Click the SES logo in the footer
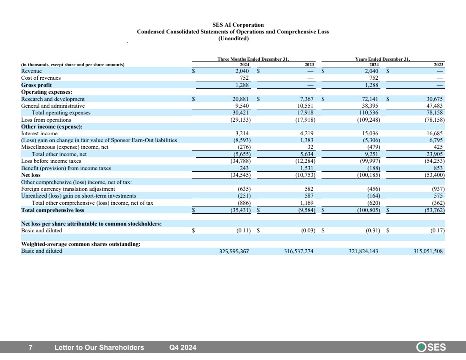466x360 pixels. click(x=431, y=347)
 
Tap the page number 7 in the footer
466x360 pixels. click(x=31, y=348)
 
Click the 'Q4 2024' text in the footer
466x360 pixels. click(x=183, y=348)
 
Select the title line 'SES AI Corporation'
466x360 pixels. click(x=238, y=25)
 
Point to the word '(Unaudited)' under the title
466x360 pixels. click(x=233, y=39)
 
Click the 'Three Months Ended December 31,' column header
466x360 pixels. click(x=253, y=59)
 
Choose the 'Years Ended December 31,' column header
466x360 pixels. click(x=383, y=59)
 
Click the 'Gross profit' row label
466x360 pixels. click(x=36, y=85)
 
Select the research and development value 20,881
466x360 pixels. click(x=241, y=99)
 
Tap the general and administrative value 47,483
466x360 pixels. click(x=435, y=106)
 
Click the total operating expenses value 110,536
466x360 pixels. click(x=369, y=113)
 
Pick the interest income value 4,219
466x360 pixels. click(x=307, y=134)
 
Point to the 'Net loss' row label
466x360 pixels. click(x=31, y=175)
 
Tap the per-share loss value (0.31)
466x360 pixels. click(x=373, y=231)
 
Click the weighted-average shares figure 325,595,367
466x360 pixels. click(x=234, y=251)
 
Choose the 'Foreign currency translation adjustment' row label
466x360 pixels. click(x=68, y=189)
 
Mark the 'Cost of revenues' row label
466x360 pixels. click(x=41, y=78)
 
